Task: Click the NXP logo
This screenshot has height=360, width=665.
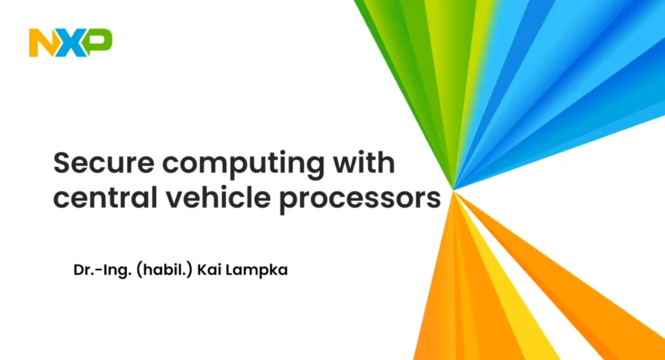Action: (70, 42)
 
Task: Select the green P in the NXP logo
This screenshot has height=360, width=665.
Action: (99, 42)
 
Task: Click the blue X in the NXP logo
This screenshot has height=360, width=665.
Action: (70, 42)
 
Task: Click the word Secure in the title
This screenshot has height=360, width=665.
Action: (104, 162)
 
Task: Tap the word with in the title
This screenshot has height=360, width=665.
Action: (364, 162)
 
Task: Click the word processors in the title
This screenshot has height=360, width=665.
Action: (360, 200)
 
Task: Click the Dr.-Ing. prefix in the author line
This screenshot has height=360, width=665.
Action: (102, 270)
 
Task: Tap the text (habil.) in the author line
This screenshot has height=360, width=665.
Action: (164, 270)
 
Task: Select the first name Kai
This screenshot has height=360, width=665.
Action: (208, 270)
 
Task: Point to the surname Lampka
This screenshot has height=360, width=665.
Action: (256, 271)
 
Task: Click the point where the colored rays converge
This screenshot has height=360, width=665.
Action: (453, 190)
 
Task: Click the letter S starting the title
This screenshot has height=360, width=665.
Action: (62, 162)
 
